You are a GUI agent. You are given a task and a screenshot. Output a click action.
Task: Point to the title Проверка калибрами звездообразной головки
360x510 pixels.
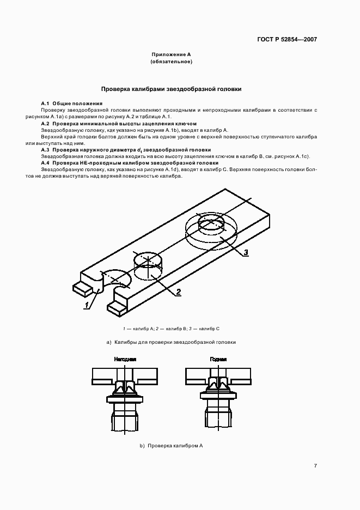(x=172, y=88)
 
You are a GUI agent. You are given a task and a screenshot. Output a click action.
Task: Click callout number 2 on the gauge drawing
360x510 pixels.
(x=178, y=292)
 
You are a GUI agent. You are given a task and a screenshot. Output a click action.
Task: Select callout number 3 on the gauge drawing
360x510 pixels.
(x=246, y=252)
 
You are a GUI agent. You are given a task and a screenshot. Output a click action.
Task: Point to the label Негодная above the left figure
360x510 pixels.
(x=125, y=360)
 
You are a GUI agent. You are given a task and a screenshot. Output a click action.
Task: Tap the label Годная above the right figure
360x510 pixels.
(x=218, y=360)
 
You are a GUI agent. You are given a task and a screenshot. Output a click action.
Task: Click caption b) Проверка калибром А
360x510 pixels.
(x=172, y=446)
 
